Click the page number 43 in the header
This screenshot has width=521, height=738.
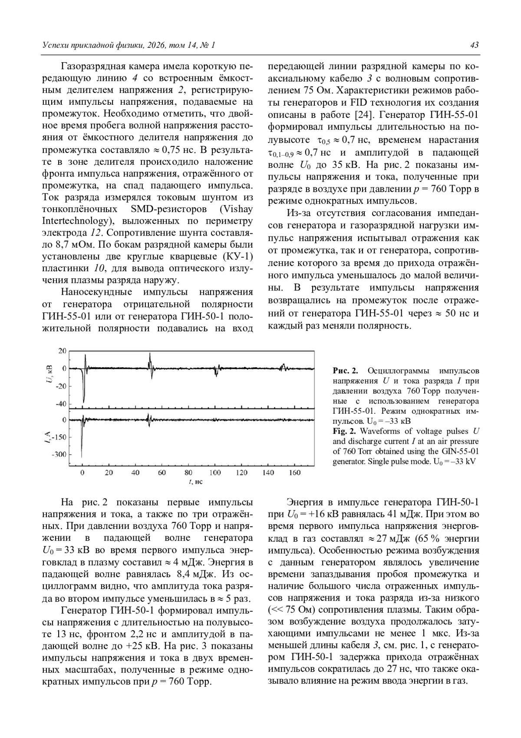pos(474,45)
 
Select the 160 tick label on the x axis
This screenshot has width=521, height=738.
pos(295,472)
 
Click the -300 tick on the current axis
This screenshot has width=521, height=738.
pos(59,454)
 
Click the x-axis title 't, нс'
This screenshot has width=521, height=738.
pos(196,482)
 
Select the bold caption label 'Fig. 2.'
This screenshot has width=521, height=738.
pos(345,431)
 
